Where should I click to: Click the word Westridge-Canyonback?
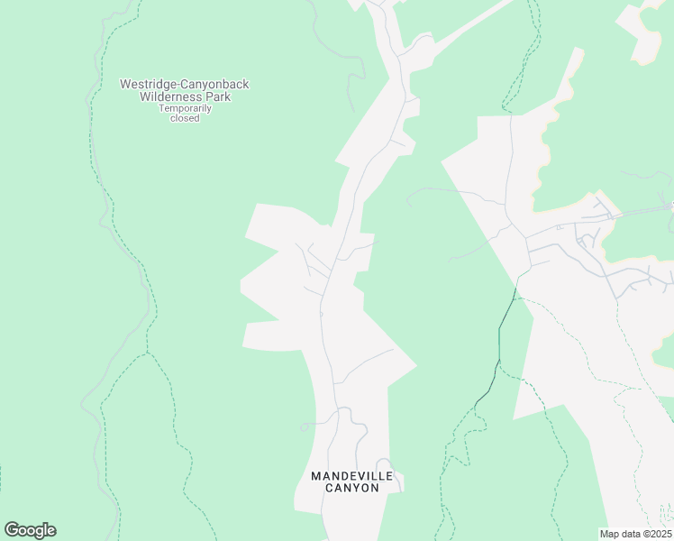click(x=185, y=85)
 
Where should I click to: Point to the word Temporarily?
click(x=185, y=108)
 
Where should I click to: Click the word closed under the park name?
click(x=185, y=118)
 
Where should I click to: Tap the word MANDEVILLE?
click(x=351, y=476)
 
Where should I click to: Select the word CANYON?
click(x=351, y=488)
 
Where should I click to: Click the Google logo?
click(x=30, y=530)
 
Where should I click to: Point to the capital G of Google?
click(x=12, y=529)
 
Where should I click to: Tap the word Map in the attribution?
click(x=609, y=534)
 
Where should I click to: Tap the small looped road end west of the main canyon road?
click(x=305, y=426)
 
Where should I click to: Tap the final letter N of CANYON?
click(x=373, y=488)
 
